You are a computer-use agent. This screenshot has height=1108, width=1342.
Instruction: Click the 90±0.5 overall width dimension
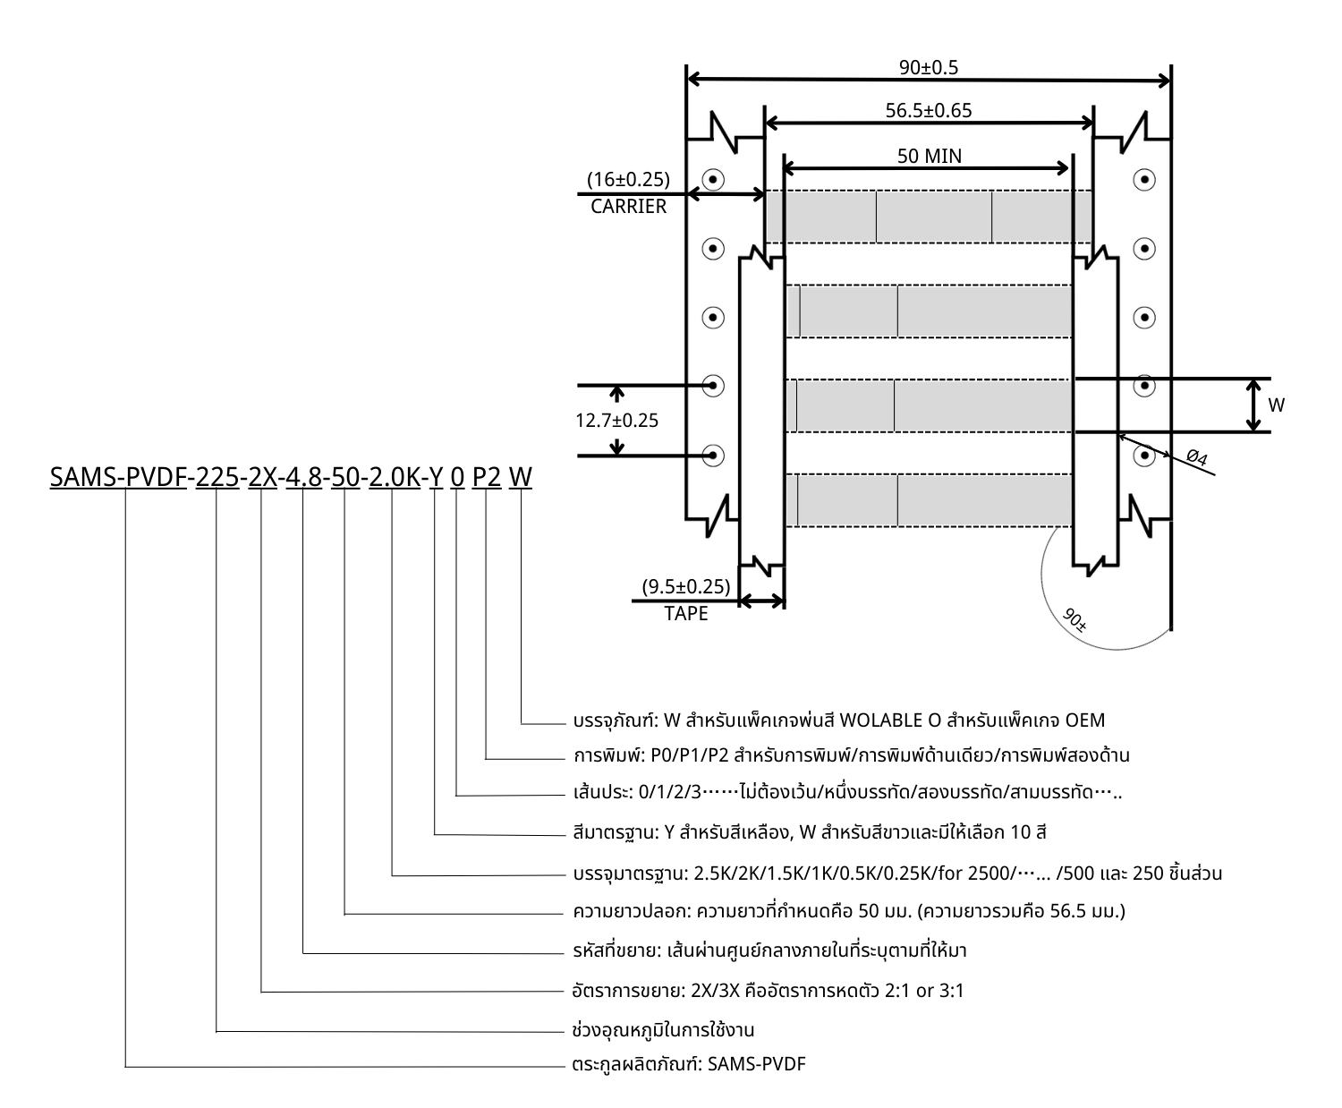pos(929,67)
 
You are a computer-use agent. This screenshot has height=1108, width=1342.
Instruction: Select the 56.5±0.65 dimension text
pos(929,111)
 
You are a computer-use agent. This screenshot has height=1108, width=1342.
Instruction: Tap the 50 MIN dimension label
pos(930,156)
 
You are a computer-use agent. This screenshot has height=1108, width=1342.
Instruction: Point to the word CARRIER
pos(628,207)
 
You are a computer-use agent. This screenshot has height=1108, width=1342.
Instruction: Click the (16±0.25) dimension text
pos(628,180)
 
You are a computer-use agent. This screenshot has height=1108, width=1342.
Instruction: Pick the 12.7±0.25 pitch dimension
pos(616,421)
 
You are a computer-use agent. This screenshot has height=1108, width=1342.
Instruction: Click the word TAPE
pos(686,614)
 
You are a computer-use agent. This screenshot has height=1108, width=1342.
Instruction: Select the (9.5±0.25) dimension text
pos(686,587)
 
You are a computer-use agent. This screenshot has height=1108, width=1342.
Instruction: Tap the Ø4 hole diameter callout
pos(1196,458)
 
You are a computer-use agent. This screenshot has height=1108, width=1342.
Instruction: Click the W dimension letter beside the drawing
pos(1277,405)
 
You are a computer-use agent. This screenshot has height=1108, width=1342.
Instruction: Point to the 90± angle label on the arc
pos(1074,619)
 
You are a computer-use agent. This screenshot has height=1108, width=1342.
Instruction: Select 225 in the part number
pos(217,478)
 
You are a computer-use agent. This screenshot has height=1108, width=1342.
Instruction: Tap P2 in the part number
pos(487,478)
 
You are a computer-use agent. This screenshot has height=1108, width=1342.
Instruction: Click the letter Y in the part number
pos(436,478)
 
